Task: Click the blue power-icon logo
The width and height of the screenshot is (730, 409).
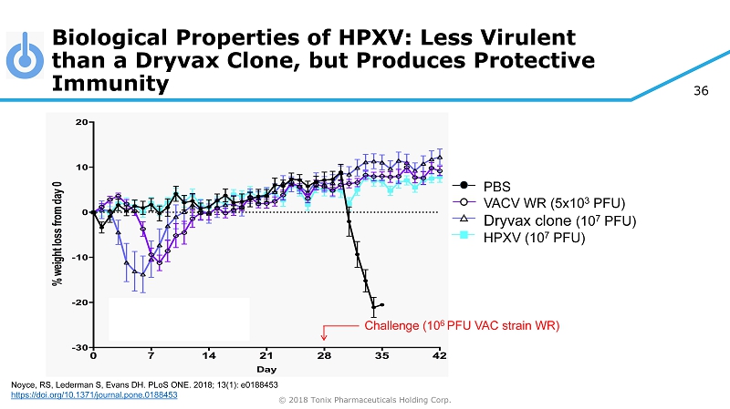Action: (x=24, y=57)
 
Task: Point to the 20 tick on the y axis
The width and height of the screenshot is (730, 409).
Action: (x=81, y=121)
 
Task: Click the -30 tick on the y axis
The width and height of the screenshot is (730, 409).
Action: (x=79, y=347)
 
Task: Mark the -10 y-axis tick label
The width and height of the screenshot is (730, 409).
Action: (x=79, y=257)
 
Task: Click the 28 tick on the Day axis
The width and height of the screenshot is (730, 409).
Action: (x=324, y=356)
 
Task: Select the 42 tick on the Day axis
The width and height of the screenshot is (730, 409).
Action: (x=440, y=356)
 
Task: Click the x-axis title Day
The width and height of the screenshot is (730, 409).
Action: (x=266, y=370)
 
